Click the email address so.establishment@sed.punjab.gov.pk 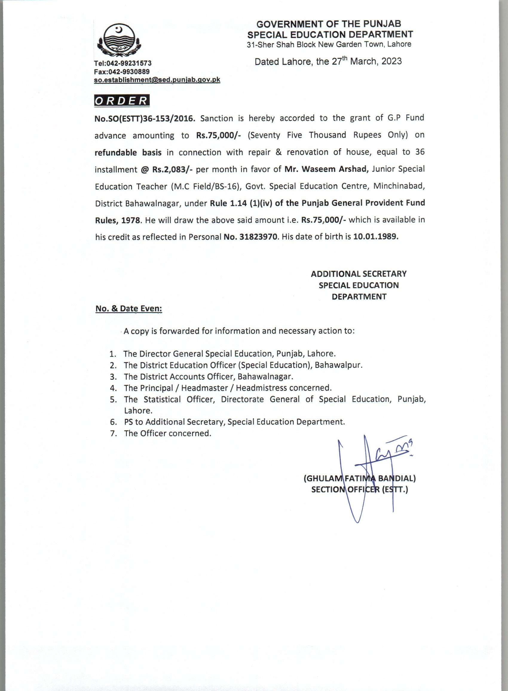pyautogui.click(x=157, y=79)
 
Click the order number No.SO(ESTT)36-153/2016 pyautogui.click(x=145, y=118)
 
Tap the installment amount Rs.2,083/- pyautogui.click(x=172, y=169)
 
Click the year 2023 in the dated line pyautogui.click(x=391, y=61)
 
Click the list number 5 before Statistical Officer pyautogui.click(x=113, y=400)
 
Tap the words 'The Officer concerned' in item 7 pyautogui.click(x=168, y=433)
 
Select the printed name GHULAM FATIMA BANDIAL pyautogui.click(x=360, y=479)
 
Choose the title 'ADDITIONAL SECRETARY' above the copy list pyautogui.click(x=359, y=274)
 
